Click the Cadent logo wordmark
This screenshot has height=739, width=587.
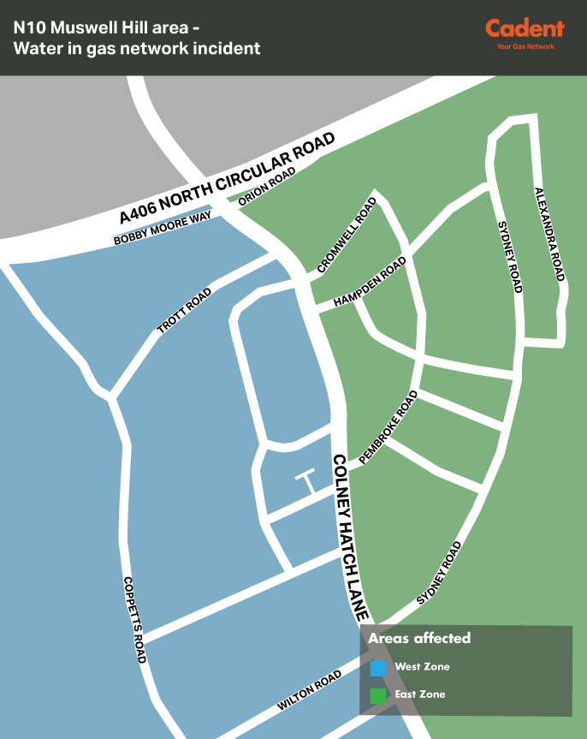click(525, 28)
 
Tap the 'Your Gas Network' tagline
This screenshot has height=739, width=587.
click(525, 46)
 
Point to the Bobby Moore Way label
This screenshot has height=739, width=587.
click(163, 229)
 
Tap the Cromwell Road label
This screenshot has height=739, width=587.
click(347, 235)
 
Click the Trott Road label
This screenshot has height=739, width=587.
click(184, 311)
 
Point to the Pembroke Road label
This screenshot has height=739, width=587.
click(389, 427)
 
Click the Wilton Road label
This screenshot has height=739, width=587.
click(310, 691)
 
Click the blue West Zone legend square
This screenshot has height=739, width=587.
click(377, 667)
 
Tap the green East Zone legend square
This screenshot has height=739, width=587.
click(377, 695)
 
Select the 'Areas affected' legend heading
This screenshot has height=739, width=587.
click(419, 639)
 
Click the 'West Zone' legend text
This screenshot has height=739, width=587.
click(422, 667)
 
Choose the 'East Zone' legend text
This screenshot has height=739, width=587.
click(419, 694)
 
